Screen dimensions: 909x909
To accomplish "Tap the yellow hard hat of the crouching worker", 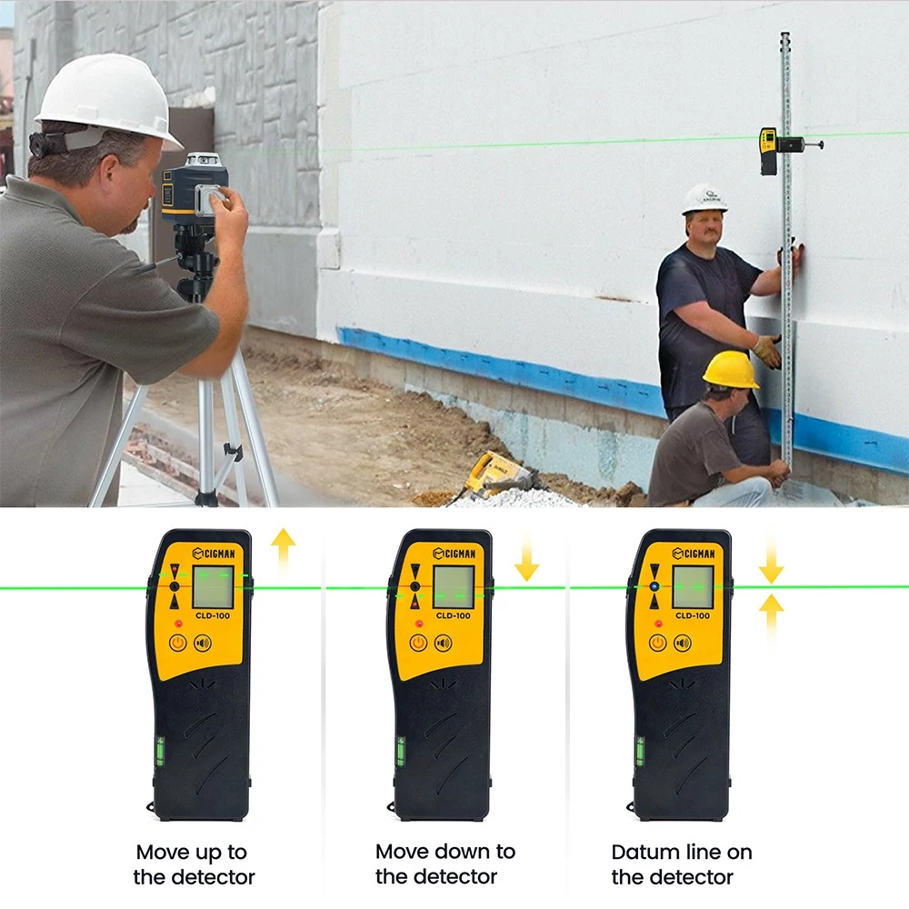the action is tap(731, 370).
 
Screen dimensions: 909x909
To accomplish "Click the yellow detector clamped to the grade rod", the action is tap(769, 151).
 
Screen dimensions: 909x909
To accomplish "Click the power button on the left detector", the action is tap(178, 643).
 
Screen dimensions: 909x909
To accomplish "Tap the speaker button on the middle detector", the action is tap(444, 643).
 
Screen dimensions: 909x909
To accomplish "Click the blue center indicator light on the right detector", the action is tap(654, 586).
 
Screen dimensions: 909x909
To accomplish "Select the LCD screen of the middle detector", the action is tap(454, 586).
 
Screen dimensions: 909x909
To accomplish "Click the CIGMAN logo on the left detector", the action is tap(214, 553).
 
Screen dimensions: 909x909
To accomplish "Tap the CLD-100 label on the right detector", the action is tap(692, 615).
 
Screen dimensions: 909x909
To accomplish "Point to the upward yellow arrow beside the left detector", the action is tap(283, 551).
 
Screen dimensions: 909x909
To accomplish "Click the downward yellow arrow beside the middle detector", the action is tap(527, 554).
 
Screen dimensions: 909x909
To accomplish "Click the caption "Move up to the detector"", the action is tap(194, 864).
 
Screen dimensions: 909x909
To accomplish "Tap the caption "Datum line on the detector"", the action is tap(682, 864).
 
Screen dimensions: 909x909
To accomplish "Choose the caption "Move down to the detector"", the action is tap(445, 864).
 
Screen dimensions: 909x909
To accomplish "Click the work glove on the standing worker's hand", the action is tap(767, 351).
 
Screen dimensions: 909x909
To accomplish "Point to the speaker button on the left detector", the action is tap(203, 643).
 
